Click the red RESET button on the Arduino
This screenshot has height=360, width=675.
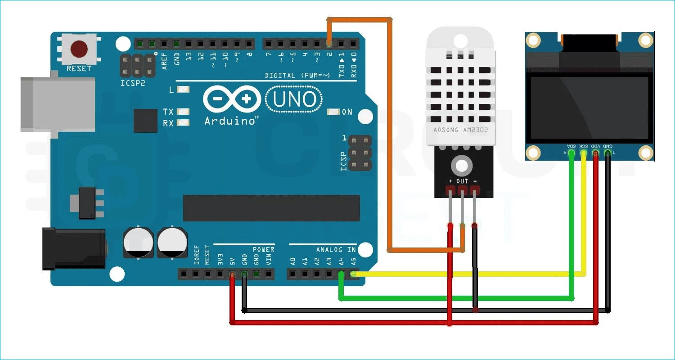point(79,49)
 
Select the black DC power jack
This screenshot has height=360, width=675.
point(74,249)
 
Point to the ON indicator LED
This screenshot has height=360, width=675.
point(333,112)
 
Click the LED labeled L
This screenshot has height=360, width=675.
point(183,90)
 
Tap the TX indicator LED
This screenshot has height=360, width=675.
point(183,112)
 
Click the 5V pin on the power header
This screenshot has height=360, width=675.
point(232,274)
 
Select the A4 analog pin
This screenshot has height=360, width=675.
point(342,274)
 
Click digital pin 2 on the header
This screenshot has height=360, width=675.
point(329,44)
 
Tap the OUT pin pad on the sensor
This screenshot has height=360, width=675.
point(462,191)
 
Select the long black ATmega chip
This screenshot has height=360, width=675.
point(271,208)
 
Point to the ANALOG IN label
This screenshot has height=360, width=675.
point(336,250)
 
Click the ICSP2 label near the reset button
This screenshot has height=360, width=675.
point(133,84)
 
